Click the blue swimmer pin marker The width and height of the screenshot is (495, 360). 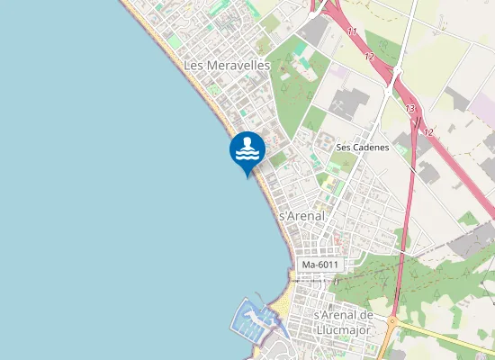[247, 149]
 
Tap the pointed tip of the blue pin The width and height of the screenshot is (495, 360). [247, 177]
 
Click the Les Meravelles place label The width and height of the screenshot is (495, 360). [227, 66]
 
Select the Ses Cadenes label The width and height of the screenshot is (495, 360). [362, 148]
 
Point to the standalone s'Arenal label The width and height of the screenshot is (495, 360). [301, 216]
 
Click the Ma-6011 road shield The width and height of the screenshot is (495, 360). [320, 265]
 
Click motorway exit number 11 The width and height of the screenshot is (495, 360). [351, 32]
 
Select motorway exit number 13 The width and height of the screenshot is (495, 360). [410, 109]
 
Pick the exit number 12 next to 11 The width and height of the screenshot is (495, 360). [369, 56]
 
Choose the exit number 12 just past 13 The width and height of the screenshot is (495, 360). [428, 132]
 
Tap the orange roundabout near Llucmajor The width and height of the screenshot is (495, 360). [391, 321]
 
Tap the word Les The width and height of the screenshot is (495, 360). [193, 66]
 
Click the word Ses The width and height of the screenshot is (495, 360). [343, 148]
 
